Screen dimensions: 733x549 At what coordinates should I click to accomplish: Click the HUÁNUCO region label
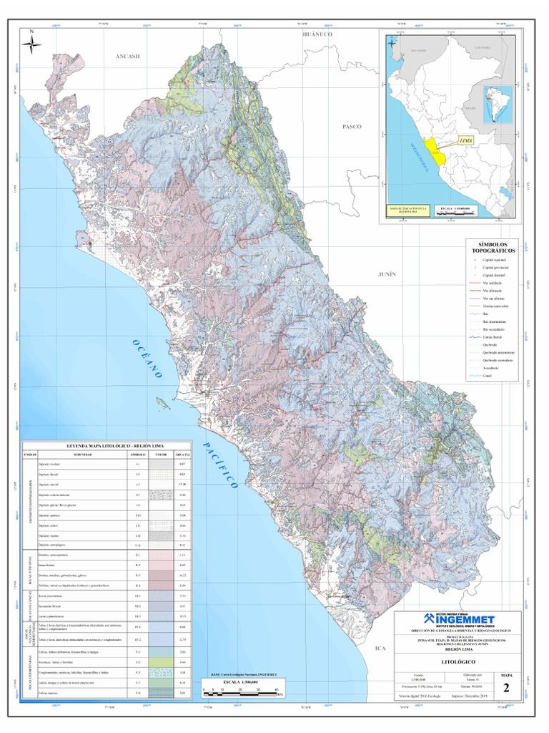click(319, 34)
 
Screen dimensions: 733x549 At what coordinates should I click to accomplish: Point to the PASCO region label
click(352, 126)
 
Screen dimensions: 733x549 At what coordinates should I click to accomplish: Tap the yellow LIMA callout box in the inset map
click(466, 141)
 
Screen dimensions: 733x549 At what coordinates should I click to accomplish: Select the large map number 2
click(507, 689)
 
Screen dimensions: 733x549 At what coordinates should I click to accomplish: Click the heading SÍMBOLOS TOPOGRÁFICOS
click(492, 248)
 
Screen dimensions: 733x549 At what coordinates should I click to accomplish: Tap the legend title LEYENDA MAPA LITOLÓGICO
click(107, 445)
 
